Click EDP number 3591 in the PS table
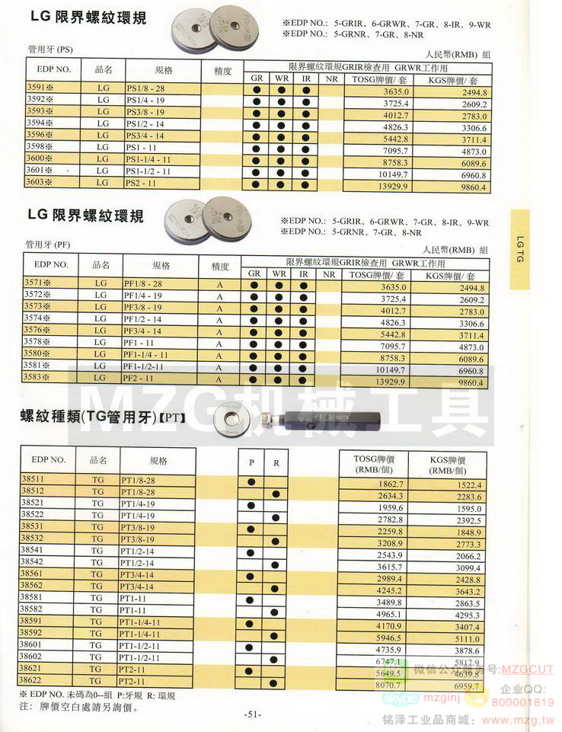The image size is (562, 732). (40, 89)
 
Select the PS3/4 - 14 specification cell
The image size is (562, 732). (144, 136)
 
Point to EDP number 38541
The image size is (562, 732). (40, 550)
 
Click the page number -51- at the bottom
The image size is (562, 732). (253, 714)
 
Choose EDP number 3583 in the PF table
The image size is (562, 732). (40, 378)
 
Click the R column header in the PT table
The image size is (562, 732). (276, 462)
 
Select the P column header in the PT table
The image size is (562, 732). (251, 462)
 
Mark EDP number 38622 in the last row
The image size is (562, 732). (40, 680)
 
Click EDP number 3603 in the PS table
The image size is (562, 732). (40, 183)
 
